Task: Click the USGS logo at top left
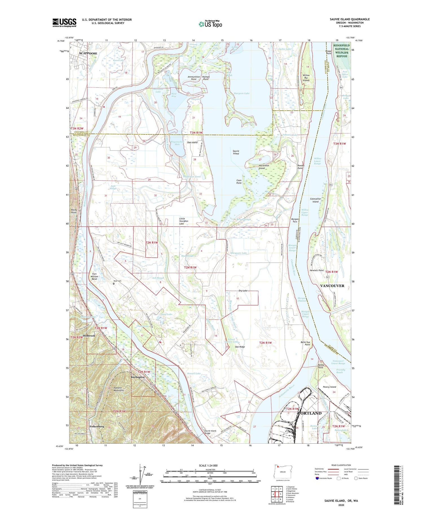coord(64,23)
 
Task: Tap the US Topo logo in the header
coord(210,24)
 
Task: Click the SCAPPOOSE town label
coord(88,53)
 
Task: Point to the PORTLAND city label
coord(310,413)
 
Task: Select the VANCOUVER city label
coord(332,286)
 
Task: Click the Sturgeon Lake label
coord(242,93)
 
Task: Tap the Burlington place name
coord(138,377)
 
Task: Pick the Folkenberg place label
coord(97,426)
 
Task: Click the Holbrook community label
coord(89,336)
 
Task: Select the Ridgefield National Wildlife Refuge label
coord(341,51)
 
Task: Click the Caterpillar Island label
coord(315,200)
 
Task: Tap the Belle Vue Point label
coord(305,343)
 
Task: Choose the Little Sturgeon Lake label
coord(182,221)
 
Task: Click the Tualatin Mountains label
coord(118,389)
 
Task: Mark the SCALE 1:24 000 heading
coord(208,465)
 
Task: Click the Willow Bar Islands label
coord(306,78)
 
